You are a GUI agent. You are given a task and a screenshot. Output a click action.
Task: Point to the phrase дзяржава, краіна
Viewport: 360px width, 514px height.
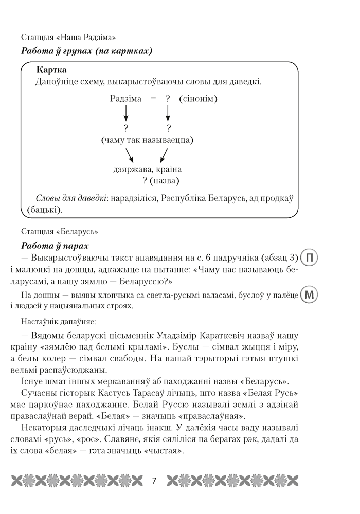(147, 169)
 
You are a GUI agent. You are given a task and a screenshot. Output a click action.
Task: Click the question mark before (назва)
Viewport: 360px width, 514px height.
(145, 180)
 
